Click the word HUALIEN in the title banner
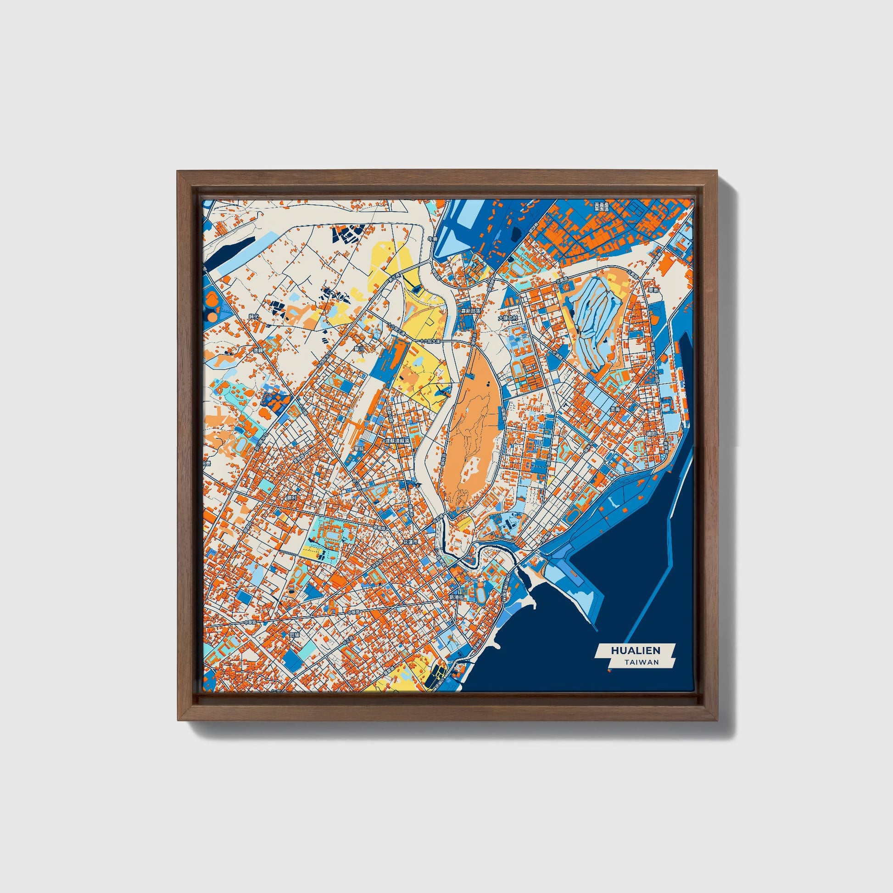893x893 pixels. click(636, 650)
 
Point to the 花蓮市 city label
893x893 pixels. click(411, 541)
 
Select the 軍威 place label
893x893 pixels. click(359, 448)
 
